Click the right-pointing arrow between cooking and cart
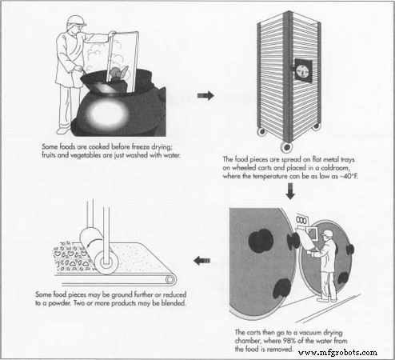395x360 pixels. pyautogui.click(x=205, y=96)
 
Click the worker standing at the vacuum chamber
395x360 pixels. pyautogui.click(x=324, y=264)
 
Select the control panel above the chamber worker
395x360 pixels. pyautogui.click(x=302, y=219)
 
